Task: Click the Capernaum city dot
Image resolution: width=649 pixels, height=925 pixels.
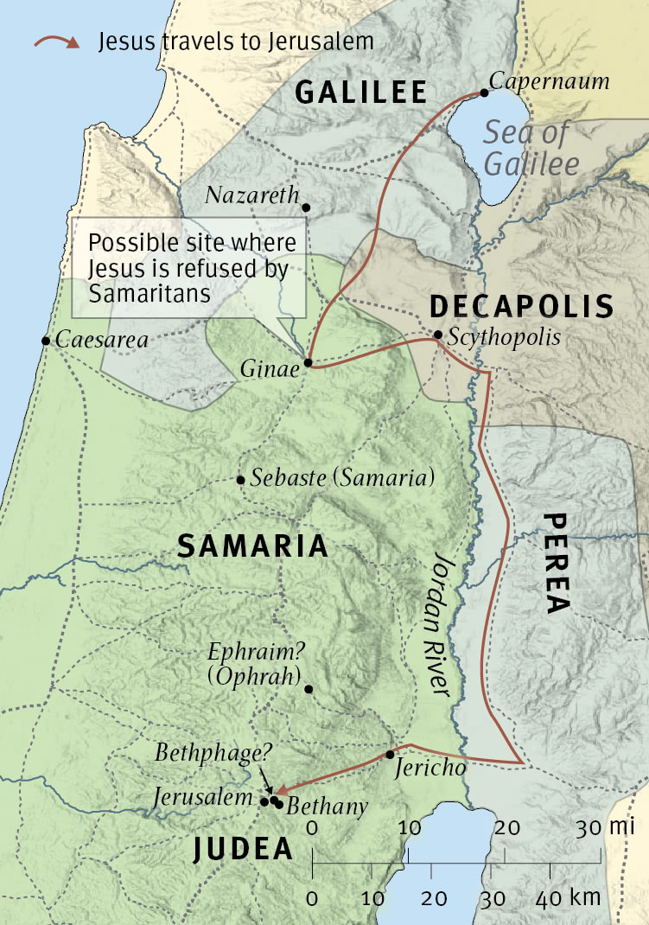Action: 484,93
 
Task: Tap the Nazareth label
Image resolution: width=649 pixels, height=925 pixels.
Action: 251,195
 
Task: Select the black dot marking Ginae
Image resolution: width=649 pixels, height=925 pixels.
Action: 308,363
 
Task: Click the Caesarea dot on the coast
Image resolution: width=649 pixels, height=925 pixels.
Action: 45,341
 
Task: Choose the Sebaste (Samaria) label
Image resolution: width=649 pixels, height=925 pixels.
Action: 342,478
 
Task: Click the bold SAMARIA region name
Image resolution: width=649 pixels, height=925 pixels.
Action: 252,545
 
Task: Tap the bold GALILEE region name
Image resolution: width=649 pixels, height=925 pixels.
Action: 361,92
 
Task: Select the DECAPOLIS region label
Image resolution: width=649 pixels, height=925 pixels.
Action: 521,306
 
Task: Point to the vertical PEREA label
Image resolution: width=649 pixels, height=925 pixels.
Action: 557,563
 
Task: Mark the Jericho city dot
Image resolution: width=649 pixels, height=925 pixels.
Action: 391,754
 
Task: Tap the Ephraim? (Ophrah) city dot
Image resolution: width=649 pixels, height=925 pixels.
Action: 309,689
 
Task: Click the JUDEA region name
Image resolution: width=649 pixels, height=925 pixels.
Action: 243,849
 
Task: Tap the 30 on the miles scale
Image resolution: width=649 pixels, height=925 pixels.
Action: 590,827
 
